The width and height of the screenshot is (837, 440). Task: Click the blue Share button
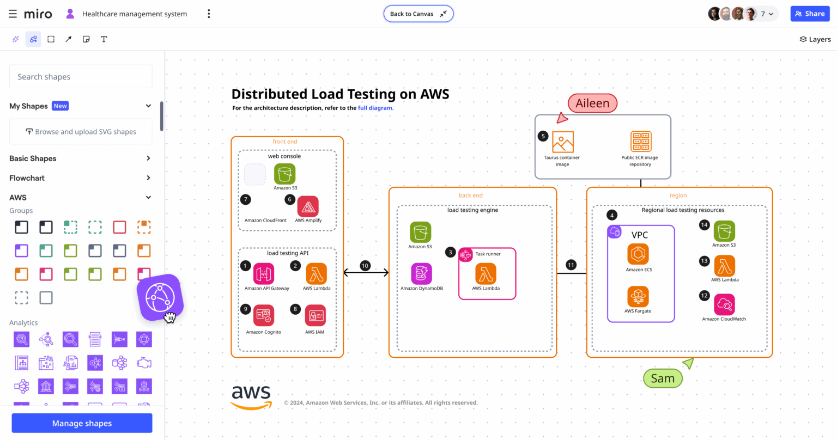coord(810,14)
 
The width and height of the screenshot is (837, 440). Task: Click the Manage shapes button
coord(82,423)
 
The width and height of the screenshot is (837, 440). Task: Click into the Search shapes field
coord(81,77)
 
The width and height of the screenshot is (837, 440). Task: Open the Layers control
coord(815,39)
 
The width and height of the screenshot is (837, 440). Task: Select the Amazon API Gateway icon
coord(264,273)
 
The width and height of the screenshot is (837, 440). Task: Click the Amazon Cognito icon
coord(264,315)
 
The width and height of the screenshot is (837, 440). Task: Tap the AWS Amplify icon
coord(308,206)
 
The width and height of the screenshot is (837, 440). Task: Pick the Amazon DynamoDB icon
coord(421,274)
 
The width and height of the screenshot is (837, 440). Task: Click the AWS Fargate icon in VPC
coord(638,297)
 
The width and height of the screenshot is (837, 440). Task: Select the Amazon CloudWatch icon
coord(724,305)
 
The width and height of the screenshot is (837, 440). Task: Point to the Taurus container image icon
coord(562,142)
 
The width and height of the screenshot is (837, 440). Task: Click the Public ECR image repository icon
coord(640,142)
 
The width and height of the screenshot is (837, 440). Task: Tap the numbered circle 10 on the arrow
coord(365,266)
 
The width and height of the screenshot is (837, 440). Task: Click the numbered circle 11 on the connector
coord(571,265)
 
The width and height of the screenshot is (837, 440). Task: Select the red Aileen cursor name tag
coord(592,103)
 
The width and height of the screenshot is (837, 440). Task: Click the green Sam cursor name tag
coord(663,378)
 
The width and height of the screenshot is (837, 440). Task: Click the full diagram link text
coord(375,108)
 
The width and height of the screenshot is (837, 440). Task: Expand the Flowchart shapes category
coord(81,178)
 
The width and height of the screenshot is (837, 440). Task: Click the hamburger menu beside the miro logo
coord(13,14)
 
